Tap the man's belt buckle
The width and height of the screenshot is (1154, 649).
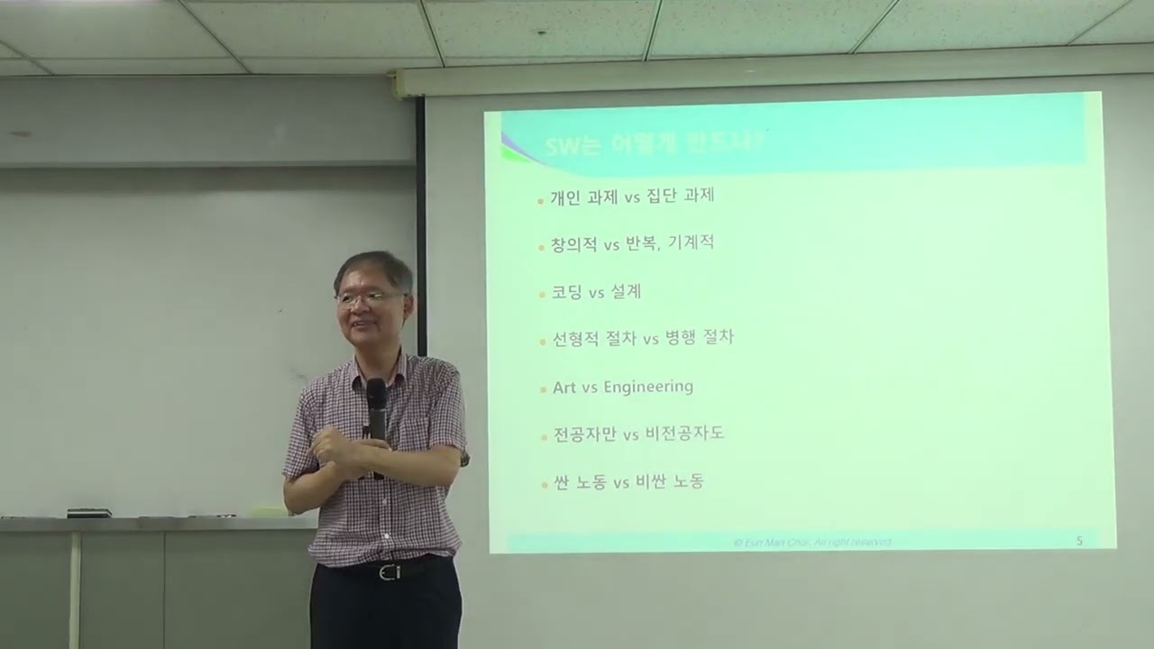coord(389,571)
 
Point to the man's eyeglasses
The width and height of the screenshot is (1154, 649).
coord(369,297)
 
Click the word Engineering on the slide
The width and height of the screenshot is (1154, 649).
coord(648,387)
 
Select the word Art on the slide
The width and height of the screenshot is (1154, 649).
coord(563,388)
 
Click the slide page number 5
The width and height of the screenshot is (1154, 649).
coord(1079,541)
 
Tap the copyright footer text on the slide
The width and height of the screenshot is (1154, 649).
coord(812,542)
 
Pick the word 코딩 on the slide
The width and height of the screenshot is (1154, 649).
coord(566,292)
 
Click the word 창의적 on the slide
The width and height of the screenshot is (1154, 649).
coord(573,244)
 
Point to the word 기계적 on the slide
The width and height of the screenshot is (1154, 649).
coord(691,243)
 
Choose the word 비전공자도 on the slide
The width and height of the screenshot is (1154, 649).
coord(684,434)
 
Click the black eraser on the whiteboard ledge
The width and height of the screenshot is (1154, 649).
coord(88,513)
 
